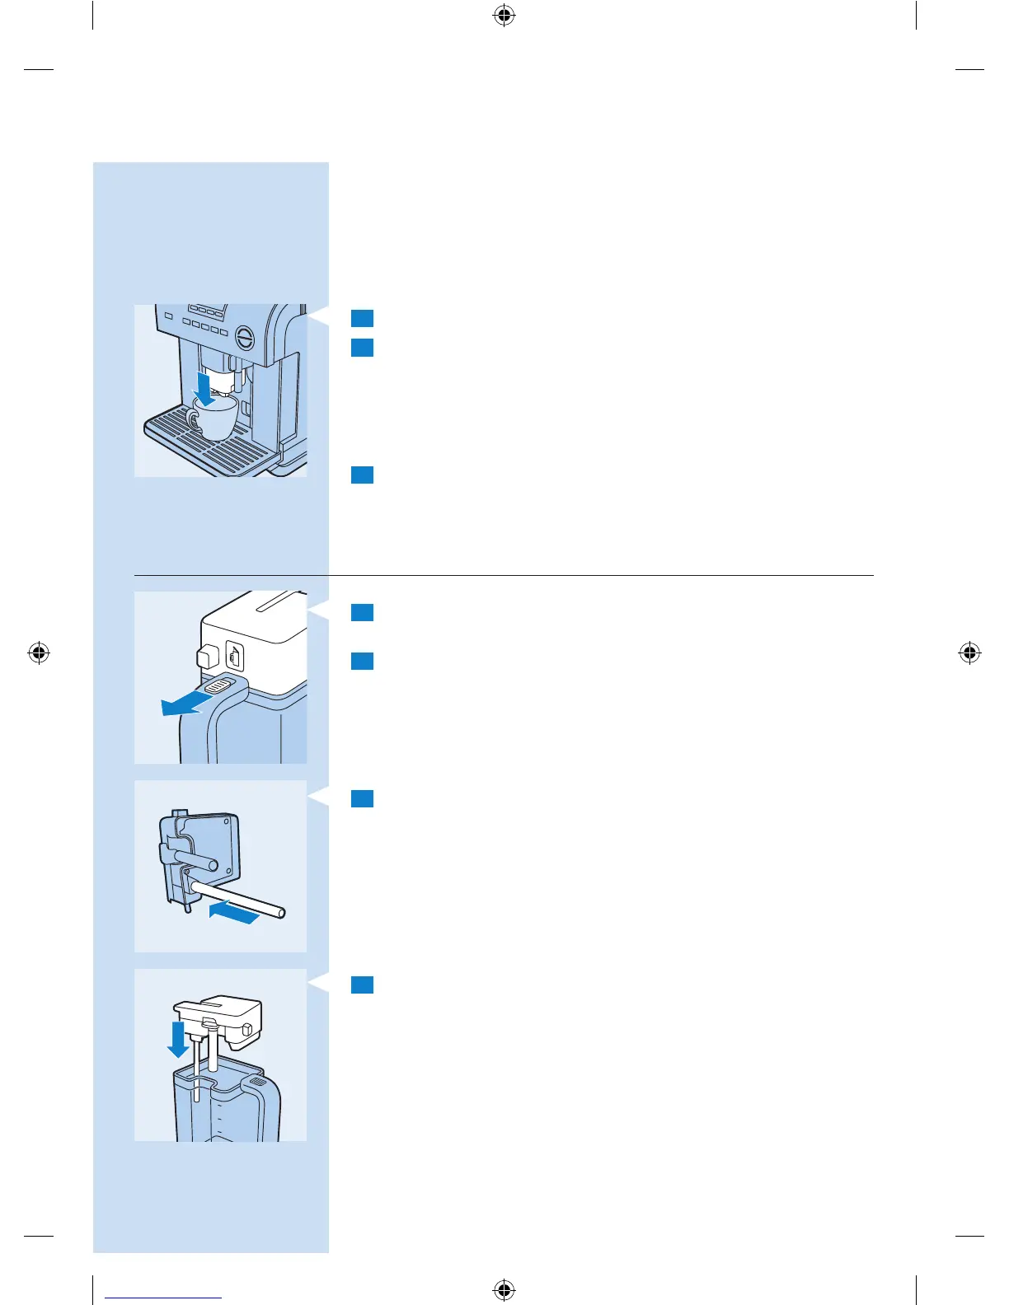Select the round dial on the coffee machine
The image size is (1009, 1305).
245,337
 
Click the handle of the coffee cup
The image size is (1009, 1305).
192,421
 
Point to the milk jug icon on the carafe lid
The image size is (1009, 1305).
235,656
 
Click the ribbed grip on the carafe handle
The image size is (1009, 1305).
218,685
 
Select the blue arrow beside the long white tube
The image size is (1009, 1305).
234,911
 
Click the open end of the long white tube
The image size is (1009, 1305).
281,912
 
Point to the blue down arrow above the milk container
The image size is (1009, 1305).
177,1040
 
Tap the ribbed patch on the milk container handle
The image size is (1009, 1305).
258,1081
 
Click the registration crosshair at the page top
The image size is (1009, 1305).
504,15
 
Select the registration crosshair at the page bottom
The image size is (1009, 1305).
504,1289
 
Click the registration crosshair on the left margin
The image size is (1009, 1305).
39,653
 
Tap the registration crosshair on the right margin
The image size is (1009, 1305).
969,653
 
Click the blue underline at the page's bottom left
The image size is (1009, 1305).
163,1298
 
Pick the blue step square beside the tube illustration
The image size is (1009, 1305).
362,798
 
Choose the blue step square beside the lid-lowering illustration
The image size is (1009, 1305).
362,985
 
